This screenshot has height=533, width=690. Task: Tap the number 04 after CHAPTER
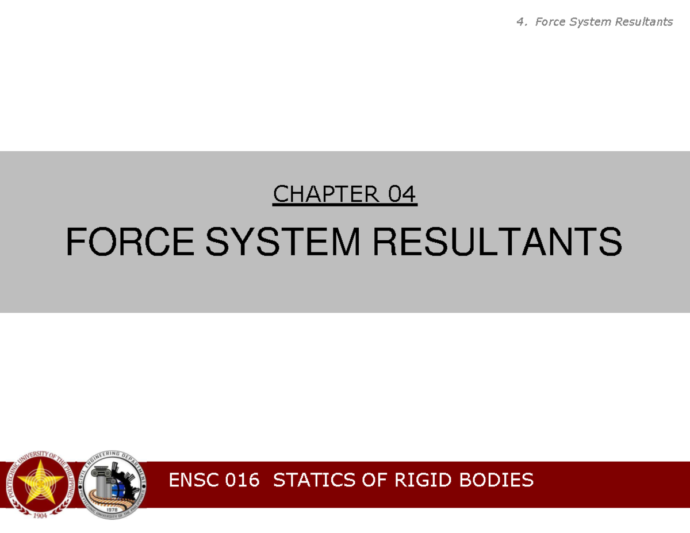402,195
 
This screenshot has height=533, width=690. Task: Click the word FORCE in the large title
129,242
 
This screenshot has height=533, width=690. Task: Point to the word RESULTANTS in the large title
497,242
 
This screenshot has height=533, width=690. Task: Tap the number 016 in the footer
243,480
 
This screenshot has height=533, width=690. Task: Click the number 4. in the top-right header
522,22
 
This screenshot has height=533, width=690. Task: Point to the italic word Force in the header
550,22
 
